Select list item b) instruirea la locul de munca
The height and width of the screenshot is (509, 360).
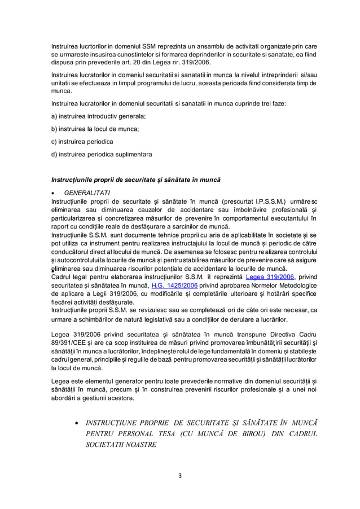click(95, 129)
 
